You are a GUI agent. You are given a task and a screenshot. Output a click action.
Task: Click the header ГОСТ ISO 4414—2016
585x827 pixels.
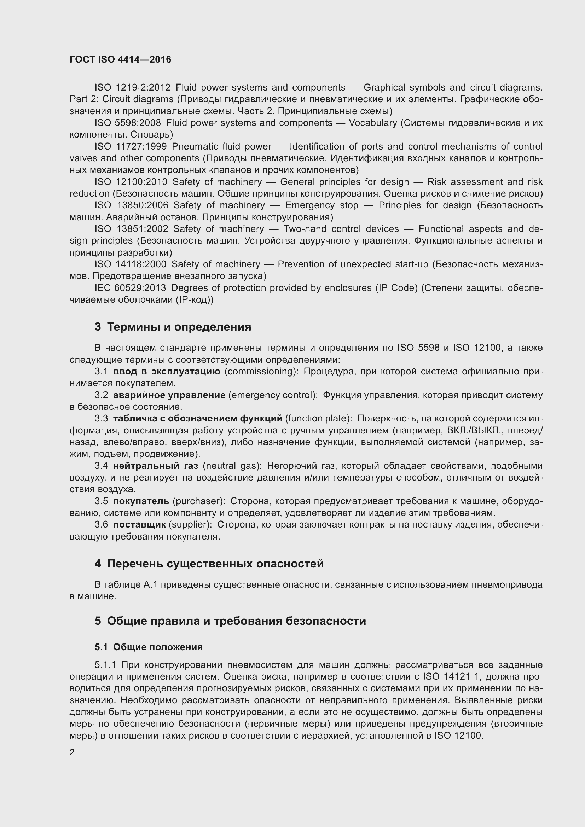coord(120,59)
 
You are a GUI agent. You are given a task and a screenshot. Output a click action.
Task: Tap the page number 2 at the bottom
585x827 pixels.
coord(72,752)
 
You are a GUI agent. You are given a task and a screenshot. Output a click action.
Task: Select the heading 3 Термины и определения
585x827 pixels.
coord(173,327)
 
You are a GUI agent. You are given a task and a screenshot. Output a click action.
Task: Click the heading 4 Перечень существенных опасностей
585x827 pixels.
coord(209,564)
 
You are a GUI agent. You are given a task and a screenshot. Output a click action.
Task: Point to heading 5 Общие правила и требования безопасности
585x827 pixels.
coord(230,621)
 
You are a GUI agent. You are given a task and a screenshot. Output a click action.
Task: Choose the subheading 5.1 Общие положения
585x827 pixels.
coord(149,647)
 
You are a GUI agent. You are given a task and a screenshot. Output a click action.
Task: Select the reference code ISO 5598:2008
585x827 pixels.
coord(128,123)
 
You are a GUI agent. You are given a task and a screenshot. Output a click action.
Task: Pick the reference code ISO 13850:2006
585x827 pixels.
coord(132,205)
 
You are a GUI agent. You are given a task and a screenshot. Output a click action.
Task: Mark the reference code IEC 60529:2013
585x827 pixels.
coord(130,288)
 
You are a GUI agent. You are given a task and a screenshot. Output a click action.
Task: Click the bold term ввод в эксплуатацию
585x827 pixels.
coord(167,371)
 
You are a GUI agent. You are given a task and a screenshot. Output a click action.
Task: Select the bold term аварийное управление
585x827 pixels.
coord(169,395)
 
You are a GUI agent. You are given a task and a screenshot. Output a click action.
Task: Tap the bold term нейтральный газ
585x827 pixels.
coord(156,466)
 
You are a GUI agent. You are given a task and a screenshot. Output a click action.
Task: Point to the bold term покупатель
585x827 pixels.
coord(141,501)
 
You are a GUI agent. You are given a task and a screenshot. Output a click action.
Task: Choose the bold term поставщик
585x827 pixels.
coord(139,525)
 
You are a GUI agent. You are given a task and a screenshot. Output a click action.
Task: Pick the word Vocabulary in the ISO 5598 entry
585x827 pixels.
coord(372,123)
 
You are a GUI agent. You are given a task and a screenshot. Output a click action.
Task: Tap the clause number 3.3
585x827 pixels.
coord(101,419)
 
